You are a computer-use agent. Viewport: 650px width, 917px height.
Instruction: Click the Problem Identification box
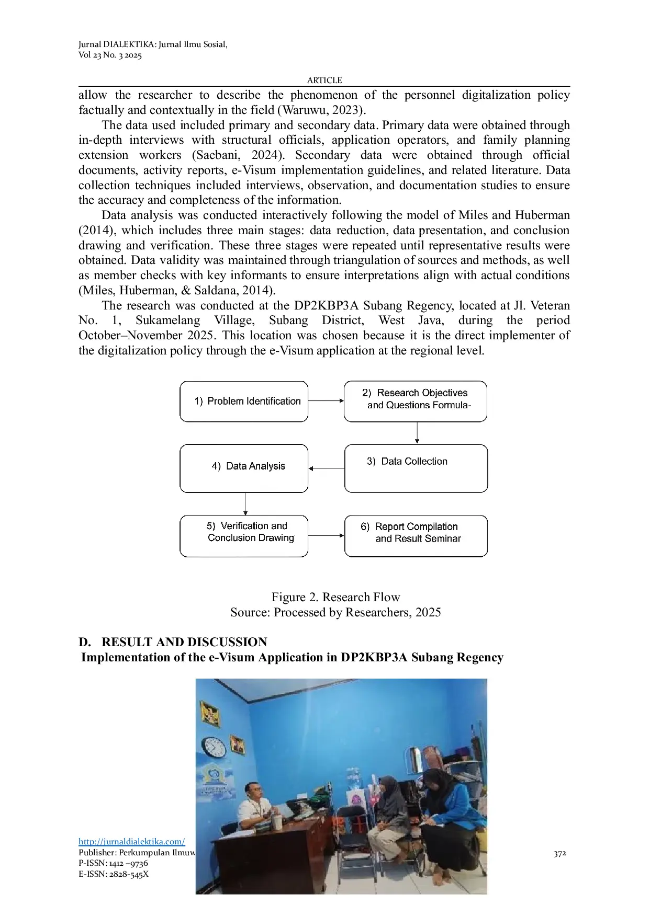point(244,402)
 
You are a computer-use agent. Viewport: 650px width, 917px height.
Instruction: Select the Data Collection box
point(416,468)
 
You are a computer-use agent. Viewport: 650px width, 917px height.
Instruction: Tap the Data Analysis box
point(244,468)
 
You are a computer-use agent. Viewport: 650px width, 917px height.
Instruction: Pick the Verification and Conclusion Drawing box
point(244,536)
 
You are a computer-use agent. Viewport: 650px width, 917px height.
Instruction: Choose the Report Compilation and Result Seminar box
point(416,536)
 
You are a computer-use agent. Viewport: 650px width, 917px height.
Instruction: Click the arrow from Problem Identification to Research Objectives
point(326,401)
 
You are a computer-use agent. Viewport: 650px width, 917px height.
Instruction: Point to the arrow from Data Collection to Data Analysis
point(326,468)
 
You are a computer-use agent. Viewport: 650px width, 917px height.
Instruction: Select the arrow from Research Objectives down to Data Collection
point(417,433)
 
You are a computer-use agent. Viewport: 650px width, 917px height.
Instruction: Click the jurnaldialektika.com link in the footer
point(131,842)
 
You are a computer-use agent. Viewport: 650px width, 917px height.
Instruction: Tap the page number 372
point(559,854)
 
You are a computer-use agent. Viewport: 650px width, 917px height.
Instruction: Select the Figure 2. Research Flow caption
point(335,597)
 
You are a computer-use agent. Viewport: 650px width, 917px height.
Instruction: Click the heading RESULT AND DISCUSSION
point(184,642)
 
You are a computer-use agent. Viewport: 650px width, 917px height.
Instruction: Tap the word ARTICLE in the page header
point(324,80)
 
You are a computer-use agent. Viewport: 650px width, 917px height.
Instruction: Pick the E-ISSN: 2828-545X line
point(114,874)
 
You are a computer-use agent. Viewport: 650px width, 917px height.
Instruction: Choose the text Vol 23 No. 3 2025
point(110,55)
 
